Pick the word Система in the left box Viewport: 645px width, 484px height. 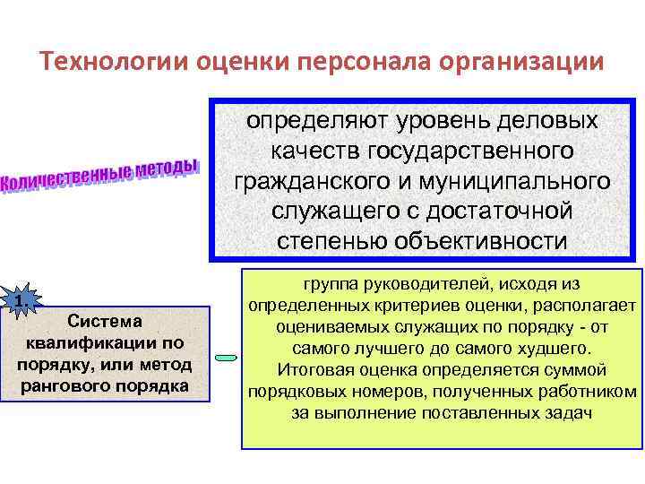105,321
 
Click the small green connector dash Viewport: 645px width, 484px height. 226,359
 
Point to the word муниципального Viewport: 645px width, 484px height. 514,182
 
